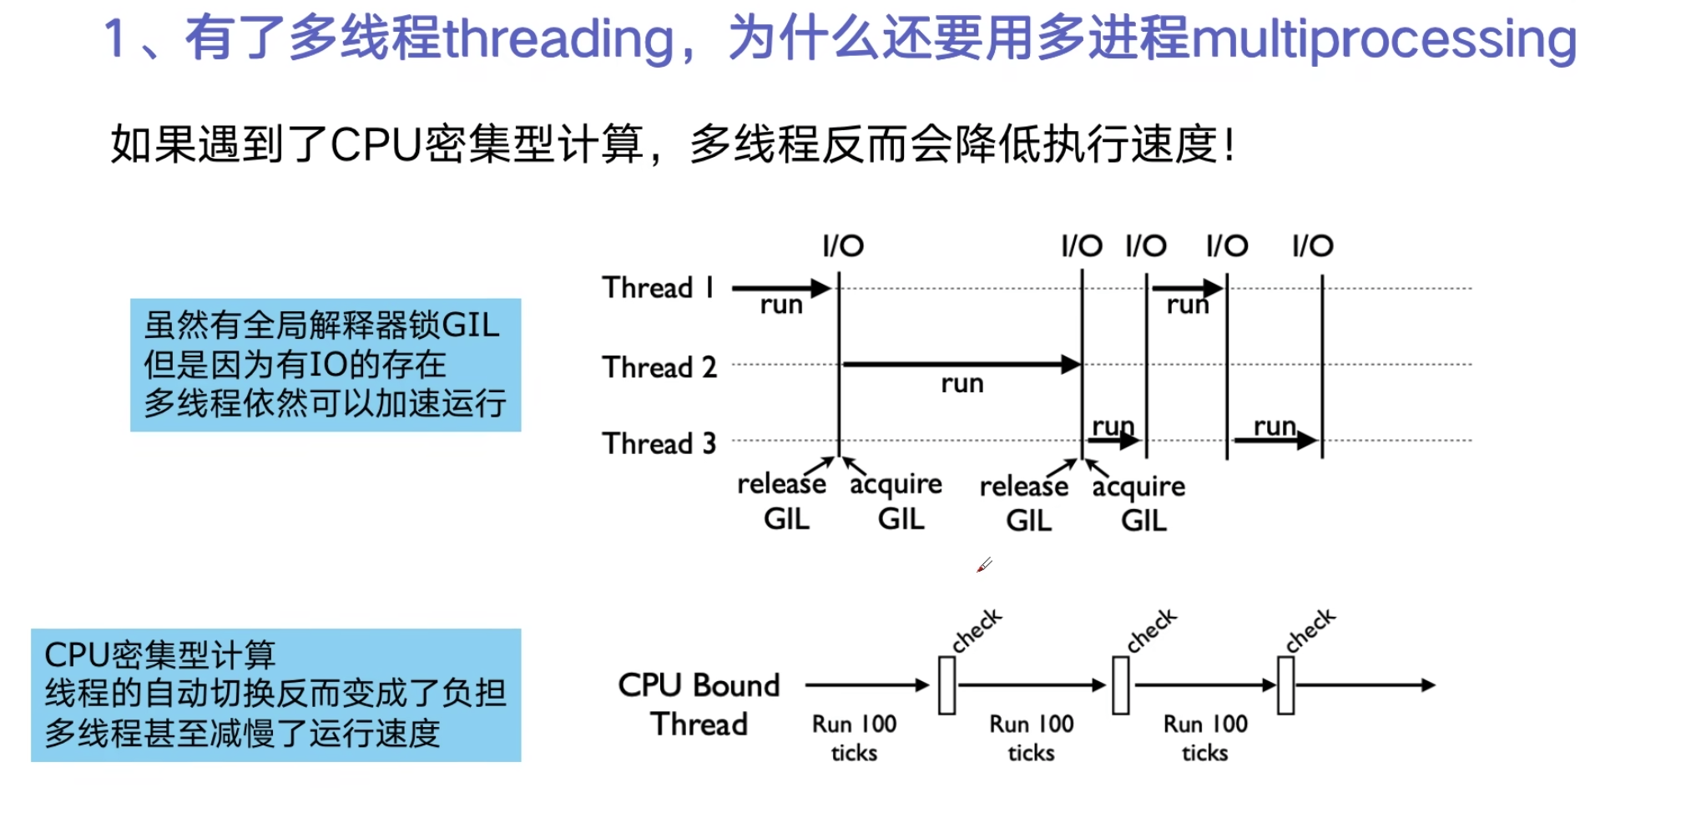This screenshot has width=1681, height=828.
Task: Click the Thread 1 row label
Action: (658, 288)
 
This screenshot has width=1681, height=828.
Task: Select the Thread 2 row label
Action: (659, 367)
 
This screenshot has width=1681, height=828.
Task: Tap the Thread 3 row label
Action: (659, 443)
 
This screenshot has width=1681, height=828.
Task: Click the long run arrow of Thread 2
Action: (960, 365)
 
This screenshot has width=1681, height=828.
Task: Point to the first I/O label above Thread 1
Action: (842, 246)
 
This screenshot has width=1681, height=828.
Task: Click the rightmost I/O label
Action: (1312, 246)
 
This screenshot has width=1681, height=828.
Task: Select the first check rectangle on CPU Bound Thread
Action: (947, 685)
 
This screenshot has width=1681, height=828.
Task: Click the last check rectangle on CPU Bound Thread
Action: (1285, 685)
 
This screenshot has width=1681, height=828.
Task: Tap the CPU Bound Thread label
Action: (699, 704)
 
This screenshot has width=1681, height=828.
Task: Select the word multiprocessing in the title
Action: (1384, 39)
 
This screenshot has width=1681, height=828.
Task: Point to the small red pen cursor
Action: (983, 566)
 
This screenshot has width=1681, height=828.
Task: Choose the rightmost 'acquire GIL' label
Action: (1139, 503)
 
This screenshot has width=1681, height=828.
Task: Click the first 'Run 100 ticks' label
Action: (854, 738)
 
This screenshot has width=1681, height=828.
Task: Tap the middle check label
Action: (1151, 630)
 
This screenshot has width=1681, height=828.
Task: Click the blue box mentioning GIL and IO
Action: (326, 365)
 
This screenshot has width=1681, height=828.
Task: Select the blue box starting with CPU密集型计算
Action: (275, 694)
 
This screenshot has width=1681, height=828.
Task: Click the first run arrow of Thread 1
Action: (780, 289)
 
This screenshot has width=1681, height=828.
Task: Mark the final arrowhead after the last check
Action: (1429, 685)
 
